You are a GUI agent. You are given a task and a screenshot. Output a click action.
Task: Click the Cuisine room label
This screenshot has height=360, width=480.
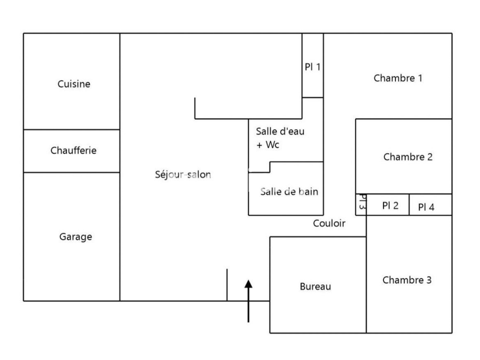click(74, 84)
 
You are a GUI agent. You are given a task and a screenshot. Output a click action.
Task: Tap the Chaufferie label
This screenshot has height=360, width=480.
click(73, 150)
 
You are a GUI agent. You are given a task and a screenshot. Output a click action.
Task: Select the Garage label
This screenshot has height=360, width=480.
click(75, 237)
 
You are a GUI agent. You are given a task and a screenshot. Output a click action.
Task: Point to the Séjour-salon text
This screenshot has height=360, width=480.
click(183, 174)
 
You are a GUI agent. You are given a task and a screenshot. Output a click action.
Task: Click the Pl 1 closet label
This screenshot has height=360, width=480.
click(312, 67)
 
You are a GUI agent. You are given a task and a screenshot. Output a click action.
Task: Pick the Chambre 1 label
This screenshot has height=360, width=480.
click(398, 78)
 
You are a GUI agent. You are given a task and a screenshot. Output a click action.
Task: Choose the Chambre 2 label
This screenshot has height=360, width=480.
click(407, 157)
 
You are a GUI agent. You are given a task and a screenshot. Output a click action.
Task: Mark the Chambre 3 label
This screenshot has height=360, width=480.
click(407, 280)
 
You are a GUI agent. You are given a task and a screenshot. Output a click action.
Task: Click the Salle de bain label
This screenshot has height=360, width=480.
click(289, 191)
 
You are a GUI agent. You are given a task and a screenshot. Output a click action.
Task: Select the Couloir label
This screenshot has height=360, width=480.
click(329, 223)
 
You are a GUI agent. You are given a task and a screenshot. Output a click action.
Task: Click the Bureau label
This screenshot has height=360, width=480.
click(315, 287)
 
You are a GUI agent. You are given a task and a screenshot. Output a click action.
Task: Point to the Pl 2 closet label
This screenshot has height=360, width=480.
click(390, 205)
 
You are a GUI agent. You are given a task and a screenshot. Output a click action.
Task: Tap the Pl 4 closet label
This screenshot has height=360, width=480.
click(426, 207)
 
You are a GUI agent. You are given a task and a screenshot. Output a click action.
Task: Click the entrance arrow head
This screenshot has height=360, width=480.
click(248, 284)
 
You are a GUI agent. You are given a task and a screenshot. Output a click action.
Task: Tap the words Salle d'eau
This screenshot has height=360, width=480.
click(280, 131)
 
